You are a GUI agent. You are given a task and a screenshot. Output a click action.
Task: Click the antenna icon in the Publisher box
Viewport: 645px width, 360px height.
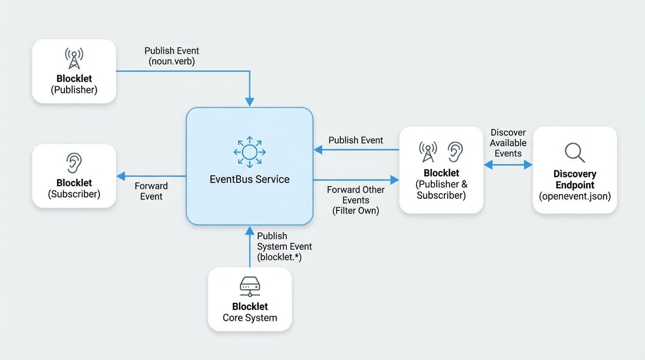click(74, 58)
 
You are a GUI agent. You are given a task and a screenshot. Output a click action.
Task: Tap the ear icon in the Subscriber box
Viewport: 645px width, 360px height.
click(74, 163)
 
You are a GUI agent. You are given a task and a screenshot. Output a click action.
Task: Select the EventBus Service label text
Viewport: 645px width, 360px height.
click(249, 179)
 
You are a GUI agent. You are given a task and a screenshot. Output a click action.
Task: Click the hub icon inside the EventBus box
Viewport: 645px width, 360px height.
click(249, 152)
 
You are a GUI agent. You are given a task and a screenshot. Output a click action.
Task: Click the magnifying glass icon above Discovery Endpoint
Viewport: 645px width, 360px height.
click(574, 152)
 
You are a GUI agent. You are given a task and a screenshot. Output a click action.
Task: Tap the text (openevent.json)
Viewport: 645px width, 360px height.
click(575, 196)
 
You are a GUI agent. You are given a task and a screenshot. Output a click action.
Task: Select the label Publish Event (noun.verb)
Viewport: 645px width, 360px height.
click(172, 56)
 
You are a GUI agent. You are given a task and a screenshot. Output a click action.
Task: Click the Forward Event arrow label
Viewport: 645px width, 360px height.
click(151, 191)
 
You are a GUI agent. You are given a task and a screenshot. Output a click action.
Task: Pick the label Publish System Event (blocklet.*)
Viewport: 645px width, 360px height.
click(284, 247)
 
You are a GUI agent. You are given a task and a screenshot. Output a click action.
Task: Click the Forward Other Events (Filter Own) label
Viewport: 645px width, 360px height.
click(355, 200)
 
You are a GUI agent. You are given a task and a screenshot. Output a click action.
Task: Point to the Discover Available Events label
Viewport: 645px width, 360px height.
click(508, 143)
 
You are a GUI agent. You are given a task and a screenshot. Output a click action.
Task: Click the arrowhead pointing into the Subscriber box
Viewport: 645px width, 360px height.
click(120, 176)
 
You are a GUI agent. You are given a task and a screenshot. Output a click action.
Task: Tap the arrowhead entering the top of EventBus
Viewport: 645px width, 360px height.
click(249, 102)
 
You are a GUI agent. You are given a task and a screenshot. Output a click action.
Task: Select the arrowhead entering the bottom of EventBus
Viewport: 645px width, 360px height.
click(249, 230)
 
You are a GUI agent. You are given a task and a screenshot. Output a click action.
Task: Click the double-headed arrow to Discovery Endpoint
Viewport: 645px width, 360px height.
click(508, 165)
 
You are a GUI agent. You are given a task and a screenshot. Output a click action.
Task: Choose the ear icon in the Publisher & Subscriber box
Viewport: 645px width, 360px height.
click(455, 152)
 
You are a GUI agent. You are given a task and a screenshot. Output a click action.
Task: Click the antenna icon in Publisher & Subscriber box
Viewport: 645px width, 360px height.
click(427, 152)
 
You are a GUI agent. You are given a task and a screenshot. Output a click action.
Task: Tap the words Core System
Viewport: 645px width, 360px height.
click(249, 318)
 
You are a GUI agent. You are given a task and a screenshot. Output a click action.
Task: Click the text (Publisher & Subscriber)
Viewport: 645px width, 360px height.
click(441, 190)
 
